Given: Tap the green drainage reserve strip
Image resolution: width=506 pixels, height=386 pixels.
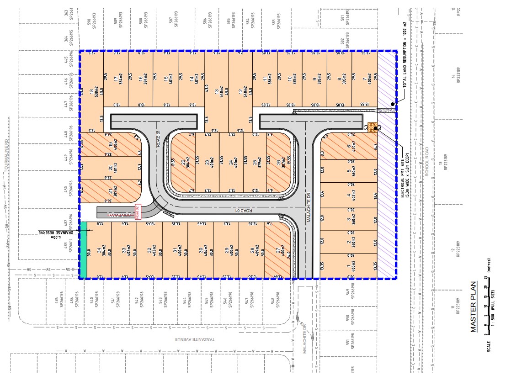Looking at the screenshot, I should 84,250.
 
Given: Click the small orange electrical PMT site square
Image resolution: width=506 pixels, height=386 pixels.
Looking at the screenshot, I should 372,126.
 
